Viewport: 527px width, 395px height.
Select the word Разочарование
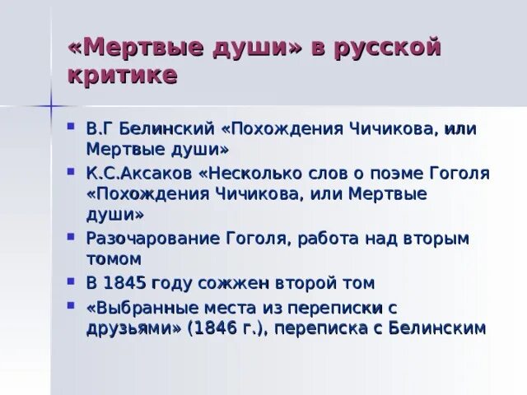[x=152, y=239]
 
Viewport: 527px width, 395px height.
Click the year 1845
[x=125, y=283]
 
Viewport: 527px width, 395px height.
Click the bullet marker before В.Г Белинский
[x=72, y=129]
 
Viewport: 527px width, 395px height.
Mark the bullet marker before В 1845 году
[x=72, y=282]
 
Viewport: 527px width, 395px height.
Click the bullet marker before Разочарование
[x=72, y=238]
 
